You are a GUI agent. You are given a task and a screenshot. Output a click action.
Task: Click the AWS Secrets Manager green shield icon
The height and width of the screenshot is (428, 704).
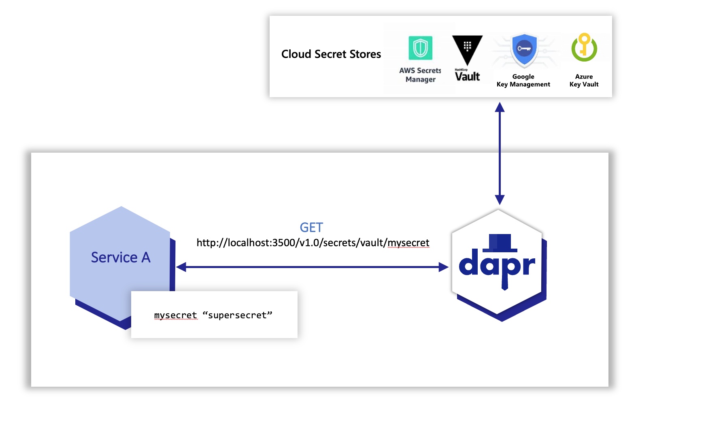(420, 48)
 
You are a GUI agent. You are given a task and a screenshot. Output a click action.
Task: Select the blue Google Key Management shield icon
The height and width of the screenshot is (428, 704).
(524, 49)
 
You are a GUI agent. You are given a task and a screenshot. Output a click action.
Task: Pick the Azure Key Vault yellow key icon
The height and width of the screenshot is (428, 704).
(584, 47)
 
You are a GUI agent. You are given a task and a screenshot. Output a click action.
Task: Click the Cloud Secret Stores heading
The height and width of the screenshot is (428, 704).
(331, 54)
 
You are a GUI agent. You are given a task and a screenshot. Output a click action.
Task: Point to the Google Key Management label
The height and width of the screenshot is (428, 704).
(523, 80)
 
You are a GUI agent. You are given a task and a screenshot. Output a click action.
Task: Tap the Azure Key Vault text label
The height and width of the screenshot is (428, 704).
(584, 80)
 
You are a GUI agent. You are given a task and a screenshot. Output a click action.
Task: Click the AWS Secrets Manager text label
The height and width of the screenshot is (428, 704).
(420, 75)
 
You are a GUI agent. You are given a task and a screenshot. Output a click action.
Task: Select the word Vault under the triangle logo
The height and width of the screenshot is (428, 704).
(467, 77)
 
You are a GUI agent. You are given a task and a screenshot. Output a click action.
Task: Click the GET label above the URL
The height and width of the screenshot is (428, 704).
(311, 227)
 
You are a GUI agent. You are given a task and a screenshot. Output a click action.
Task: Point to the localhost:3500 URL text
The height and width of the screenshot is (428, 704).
(313, 243)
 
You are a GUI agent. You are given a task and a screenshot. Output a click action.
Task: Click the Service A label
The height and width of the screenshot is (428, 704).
(121, 257)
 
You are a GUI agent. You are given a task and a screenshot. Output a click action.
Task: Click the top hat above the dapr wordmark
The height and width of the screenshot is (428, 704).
(500, 243)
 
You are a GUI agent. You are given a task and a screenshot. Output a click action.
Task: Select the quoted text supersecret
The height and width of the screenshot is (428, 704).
(237, 315)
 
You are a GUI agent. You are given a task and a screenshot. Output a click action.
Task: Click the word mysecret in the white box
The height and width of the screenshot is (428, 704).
(175, 315)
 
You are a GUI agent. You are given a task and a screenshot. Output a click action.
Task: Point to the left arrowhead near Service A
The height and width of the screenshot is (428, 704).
(181, 267)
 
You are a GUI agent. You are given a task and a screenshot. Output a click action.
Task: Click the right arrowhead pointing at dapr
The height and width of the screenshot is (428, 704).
(444, 267)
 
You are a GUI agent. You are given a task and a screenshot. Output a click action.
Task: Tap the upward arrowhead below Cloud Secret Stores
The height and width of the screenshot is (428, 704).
(500, 107)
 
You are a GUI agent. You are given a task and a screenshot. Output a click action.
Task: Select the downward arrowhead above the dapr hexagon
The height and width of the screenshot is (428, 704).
(500, 200)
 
